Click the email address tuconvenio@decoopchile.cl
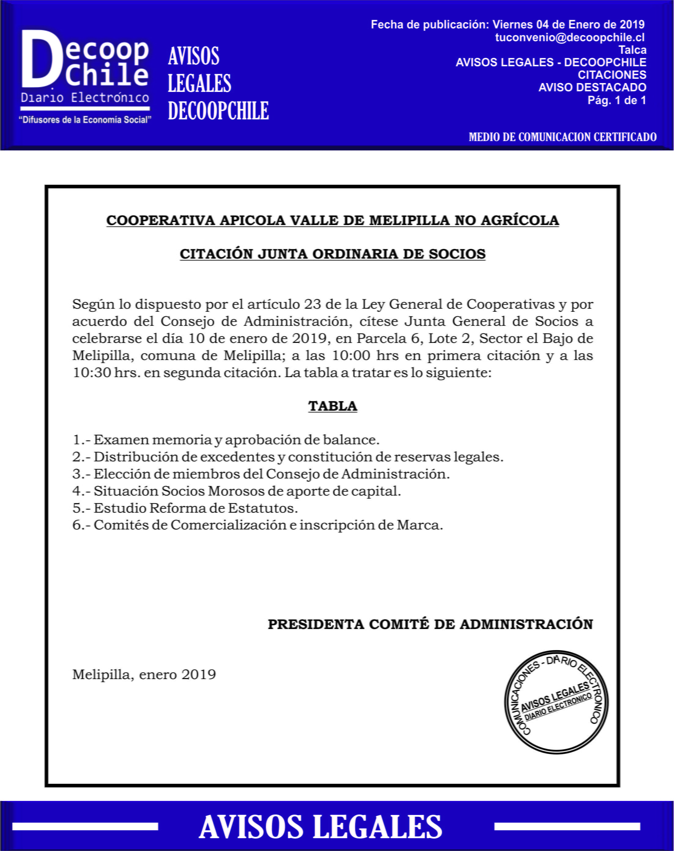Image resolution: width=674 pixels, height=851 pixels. pyautogui.click(x=569, y=38)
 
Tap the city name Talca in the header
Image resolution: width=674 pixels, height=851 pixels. pyautogui.click(x=632, y=50)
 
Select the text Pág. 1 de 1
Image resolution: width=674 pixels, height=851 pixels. pyautogui.click(x=617, y=100)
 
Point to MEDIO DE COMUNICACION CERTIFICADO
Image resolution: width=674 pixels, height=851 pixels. pyautogui.click(x=562, y=137)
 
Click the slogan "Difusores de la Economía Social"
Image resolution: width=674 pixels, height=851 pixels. pyautogui.click(x=85, y=119)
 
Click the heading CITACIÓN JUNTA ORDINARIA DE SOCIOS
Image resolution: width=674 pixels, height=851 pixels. pyautogui.click(x=333, y=254)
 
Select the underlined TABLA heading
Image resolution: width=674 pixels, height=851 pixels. pyautogui.click(x=333, y=406)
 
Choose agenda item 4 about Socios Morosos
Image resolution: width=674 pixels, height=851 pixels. pyautogui.click(x=236, y=491)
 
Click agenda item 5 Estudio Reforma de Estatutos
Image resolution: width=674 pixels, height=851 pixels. pyautogui.click(x=185, y=508)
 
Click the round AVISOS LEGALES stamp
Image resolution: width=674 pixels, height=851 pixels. pyautogui.click(x=556, y=702)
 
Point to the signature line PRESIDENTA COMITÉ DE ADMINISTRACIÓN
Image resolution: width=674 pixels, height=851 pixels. pyautogui.click(x=430, y=624)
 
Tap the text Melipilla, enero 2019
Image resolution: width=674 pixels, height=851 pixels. pyautogui.click(x=144, y=675)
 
